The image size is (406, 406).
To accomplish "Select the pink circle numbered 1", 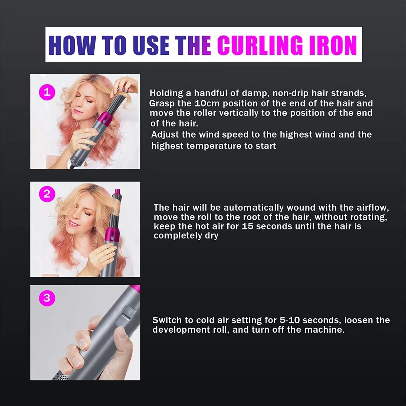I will [x=47, y=92].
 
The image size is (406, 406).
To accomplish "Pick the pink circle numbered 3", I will [x=47, y=298].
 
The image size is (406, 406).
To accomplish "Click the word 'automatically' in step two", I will [x=254, y=208].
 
